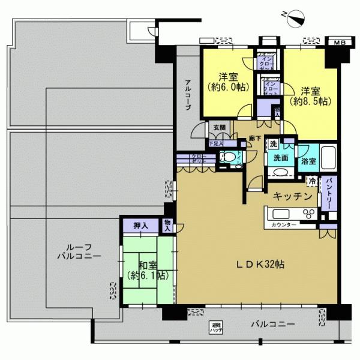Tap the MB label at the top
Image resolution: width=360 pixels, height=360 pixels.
[x=340, y=43]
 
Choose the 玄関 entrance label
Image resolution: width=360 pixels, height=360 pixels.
[x=217, y=128]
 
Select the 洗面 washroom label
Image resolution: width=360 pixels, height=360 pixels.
[x=282, y=158]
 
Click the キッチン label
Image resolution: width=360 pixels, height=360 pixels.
[x=292, y=196]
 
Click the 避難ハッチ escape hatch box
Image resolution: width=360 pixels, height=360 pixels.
[x=214, y=326]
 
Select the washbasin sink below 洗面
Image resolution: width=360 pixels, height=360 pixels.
[x=280, y=172]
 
